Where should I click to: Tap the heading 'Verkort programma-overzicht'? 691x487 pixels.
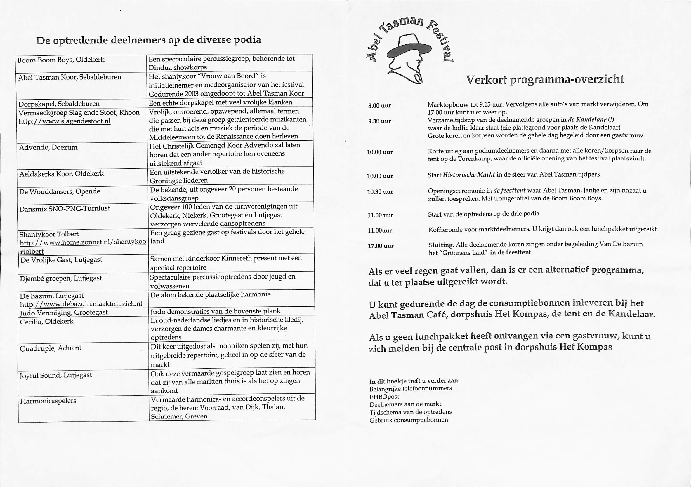[545, 80]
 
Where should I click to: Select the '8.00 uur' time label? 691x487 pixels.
[379, 106]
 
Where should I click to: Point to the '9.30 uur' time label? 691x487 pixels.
[379, 121]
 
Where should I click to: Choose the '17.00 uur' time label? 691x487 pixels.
[381, 246]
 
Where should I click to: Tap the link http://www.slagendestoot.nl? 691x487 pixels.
[65, 121]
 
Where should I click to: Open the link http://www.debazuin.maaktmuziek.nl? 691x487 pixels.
[81, 304]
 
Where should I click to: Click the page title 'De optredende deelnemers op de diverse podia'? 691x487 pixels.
[149, 40]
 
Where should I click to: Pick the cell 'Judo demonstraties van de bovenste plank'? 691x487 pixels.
[216, 311]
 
